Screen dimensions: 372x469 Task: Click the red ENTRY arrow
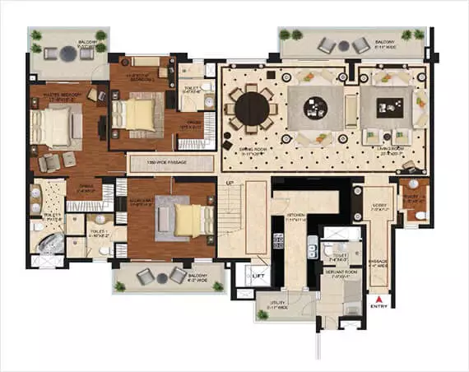[x=378, y=300]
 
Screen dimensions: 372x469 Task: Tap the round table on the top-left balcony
[x=65, y=53]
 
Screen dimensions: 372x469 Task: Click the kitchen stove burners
[x=312, y=244]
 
